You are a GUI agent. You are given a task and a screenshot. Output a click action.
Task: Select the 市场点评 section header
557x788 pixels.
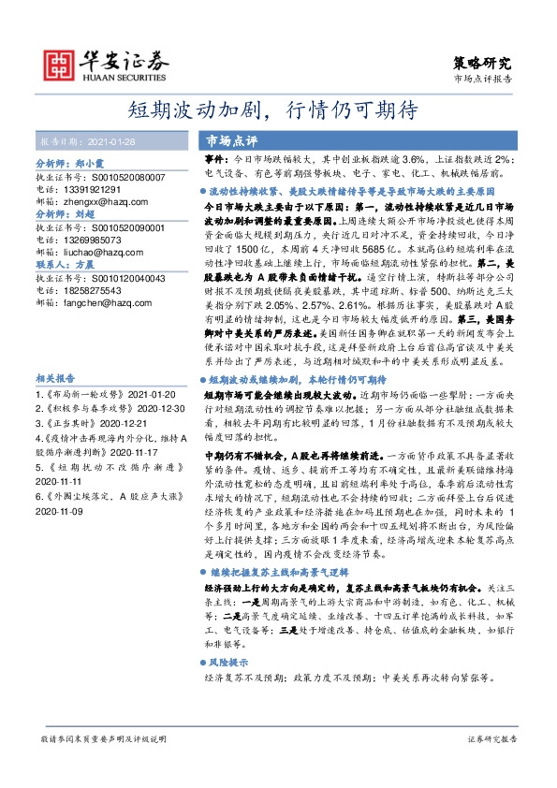[x=232, y=140]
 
